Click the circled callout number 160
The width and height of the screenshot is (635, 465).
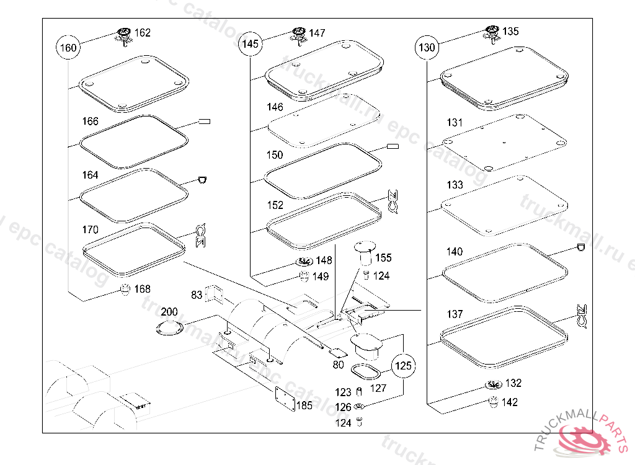click(68, 48)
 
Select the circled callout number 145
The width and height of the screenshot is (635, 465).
click(251, 44)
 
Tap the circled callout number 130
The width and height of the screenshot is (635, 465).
click(427, 47)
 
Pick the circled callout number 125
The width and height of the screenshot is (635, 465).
click(404, 366)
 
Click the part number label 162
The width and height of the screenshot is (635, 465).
click(143, 33)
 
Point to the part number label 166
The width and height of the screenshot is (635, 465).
click(91, 121)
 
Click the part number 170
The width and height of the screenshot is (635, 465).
click(91, 230)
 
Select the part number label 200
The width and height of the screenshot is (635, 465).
click(169, 311)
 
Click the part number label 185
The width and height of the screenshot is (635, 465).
click(304, 406)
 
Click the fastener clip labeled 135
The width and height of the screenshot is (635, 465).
click(492, 33)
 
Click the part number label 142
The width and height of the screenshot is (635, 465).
click(510, 402)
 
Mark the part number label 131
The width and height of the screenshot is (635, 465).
click(455, 123)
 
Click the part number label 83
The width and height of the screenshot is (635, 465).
click(197, 296)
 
